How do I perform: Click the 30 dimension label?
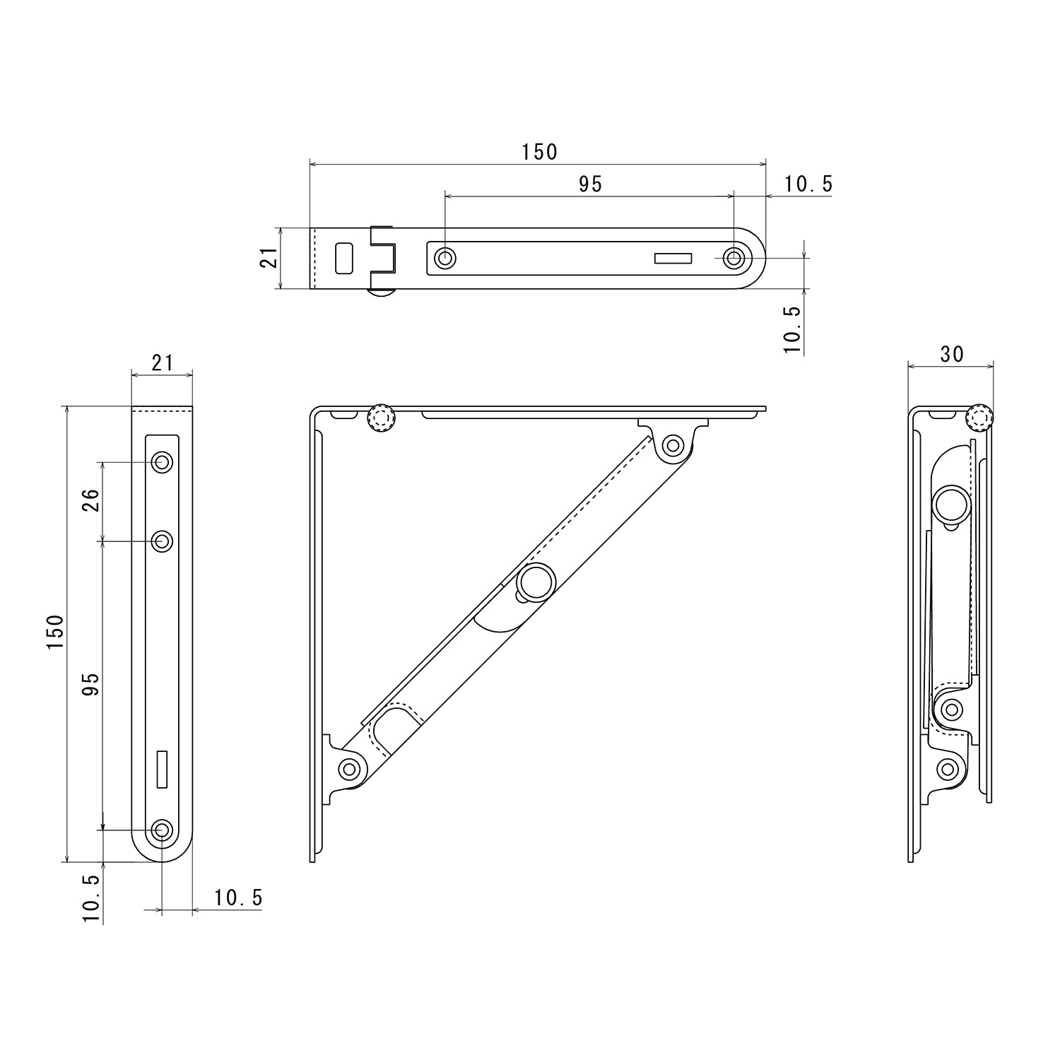952,354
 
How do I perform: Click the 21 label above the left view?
163,363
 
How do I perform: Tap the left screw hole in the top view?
444,259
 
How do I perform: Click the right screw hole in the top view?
735,259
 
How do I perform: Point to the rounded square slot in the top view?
344,258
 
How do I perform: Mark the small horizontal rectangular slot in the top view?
673,259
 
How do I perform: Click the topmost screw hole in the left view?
163,463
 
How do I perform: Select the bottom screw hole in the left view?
163,830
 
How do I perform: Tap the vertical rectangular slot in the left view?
163,769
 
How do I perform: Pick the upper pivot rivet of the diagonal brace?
673,446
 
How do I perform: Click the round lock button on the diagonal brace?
536,582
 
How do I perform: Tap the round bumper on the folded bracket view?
979,418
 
